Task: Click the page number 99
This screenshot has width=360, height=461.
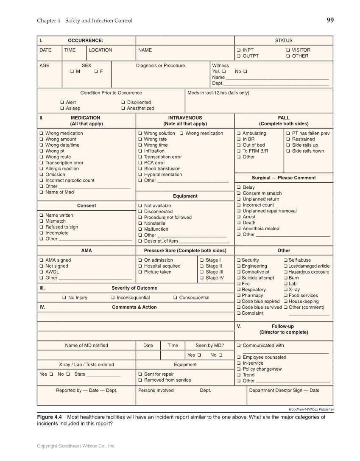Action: click(330, 20)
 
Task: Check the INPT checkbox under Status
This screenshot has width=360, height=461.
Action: click(239, 50)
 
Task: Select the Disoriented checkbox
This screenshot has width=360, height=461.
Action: click(123, 102)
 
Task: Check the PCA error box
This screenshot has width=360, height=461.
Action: click(140, 163)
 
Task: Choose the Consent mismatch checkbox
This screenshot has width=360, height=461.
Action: click(239, 193)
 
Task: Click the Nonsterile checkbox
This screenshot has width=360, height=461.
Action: click(140, 224)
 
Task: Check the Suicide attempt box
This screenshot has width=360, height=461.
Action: click(239, 278)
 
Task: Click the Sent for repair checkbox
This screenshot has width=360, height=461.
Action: click(140, 374)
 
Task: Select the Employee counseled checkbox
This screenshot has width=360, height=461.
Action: click(239, 358)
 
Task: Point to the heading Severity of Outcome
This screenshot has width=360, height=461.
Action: click(134, 288)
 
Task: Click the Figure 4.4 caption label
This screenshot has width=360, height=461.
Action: click(49, 417)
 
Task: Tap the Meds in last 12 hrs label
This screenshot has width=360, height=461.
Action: click(218, 93)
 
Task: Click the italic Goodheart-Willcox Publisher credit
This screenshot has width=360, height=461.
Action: click(311, 409)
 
